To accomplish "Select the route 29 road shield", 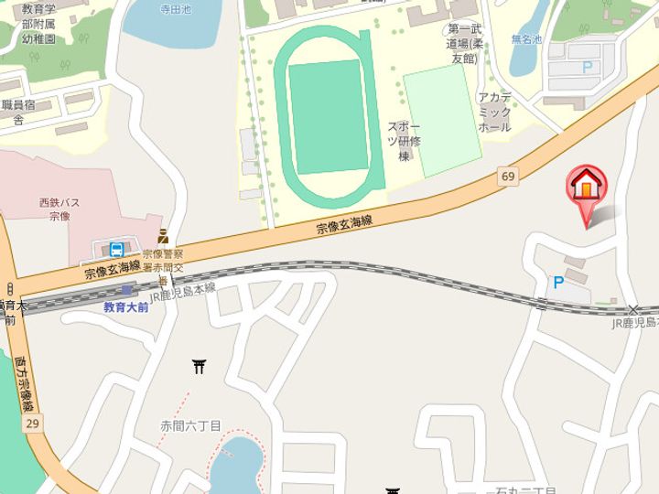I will (x=33, y=423).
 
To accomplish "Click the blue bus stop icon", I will (x=117, y=250).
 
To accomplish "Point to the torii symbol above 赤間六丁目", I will (x=200, y=367).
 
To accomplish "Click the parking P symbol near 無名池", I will (x=587, y=68).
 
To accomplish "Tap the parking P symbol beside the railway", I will (x=557, y=284).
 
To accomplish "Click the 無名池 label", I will (x=526, y=40).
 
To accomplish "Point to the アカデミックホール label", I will (x=494, y=113).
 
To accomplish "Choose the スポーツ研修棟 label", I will (x=403, y=141).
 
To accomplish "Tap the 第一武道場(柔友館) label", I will (x=462, y=44).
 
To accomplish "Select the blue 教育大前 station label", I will (x=125, y=307).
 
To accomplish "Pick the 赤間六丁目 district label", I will (x=190, y=426).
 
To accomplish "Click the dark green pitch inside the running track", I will (x=328, y=117).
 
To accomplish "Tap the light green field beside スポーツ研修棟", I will (x=442, y=121).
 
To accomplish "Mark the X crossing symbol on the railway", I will (x=633, y=310).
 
